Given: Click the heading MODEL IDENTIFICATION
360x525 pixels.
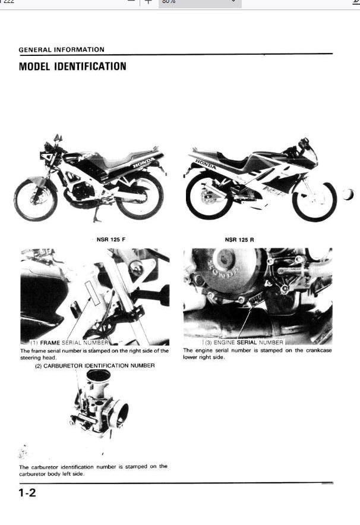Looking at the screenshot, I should tap(72, 66).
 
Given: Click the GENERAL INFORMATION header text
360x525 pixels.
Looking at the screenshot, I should tap(61, 50).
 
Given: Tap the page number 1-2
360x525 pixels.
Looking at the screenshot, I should tap(27, 493).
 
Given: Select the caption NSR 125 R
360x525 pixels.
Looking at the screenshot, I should tap(239, 240).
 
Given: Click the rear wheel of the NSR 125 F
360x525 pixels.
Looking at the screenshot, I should tap(140, 196).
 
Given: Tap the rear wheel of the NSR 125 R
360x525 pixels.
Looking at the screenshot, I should tap(207, 196).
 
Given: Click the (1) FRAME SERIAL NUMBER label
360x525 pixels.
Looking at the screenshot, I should tap(69, 343).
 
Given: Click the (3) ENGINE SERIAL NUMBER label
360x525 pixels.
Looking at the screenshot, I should tap(244, 343).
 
